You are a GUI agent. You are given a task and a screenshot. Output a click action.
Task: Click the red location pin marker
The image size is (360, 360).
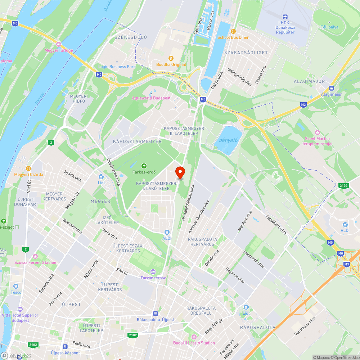coord(180,172)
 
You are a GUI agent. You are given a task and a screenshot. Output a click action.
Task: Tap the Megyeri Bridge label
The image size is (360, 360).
coord(59,50)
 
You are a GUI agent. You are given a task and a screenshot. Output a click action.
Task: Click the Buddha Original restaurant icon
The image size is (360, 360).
coord(171,58)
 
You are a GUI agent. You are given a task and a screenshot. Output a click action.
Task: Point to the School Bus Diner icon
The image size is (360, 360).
coord(233,31)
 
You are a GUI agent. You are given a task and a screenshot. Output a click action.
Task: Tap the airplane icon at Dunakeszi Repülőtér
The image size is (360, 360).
coord(285,17)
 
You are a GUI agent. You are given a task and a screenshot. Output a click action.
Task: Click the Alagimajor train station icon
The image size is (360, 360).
coord(332,88)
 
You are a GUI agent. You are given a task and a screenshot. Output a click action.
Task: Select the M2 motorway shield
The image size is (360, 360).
coord(303,105)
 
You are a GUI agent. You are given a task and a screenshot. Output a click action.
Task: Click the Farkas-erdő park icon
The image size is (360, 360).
coord(144,166)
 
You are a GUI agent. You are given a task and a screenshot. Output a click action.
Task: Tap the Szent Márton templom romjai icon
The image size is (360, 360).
coord(317,132)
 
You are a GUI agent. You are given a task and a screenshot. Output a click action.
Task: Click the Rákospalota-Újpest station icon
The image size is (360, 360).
coord(155,314)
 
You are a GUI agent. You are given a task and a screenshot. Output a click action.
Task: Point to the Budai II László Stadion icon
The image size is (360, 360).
coord(194,337)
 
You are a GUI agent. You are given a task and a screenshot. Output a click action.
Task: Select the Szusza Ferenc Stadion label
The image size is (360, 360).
coord(35,262)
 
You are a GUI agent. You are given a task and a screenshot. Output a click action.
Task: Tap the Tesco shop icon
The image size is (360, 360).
coord(16,286)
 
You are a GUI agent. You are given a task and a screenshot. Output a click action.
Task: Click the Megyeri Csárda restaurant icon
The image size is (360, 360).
coord(28,168)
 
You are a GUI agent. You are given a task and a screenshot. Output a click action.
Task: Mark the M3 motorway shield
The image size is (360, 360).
coord(347,264)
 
